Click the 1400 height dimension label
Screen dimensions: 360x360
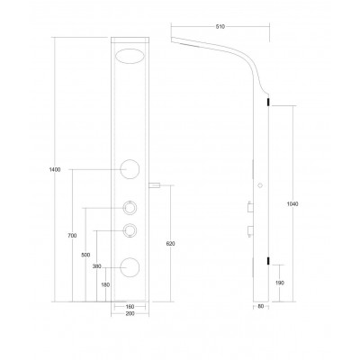55,169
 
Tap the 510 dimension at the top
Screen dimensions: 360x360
220,27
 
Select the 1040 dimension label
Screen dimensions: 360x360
292,204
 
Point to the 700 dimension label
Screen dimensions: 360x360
72,236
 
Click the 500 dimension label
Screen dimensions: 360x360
85,255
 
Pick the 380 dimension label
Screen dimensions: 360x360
97,266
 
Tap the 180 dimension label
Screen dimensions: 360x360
105,285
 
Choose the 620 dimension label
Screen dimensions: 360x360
170,244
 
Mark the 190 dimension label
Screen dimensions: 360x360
279,283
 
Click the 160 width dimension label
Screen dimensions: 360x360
130,307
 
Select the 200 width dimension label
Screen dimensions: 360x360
130,313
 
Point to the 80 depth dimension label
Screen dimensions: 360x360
260,307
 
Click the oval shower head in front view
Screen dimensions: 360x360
130,56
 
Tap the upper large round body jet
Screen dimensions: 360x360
130,169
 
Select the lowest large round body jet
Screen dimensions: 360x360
130,267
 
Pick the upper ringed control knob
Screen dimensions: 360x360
130,208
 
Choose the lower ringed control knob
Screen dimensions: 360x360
130,230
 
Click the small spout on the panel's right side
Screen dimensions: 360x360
155,185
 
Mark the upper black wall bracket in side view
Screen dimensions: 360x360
269,102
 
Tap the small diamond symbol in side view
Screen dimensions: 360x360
260,185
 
